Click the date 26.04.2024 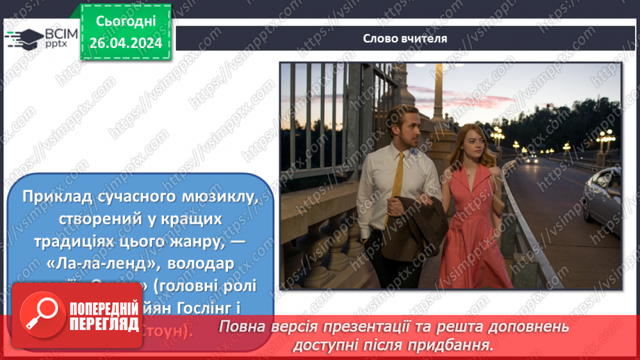(x=125, y=43)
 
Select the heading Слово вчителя (x=405, y=38)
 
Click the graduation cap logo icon (x=22, y=38)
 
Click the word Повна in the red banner (x=241, y=326)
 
